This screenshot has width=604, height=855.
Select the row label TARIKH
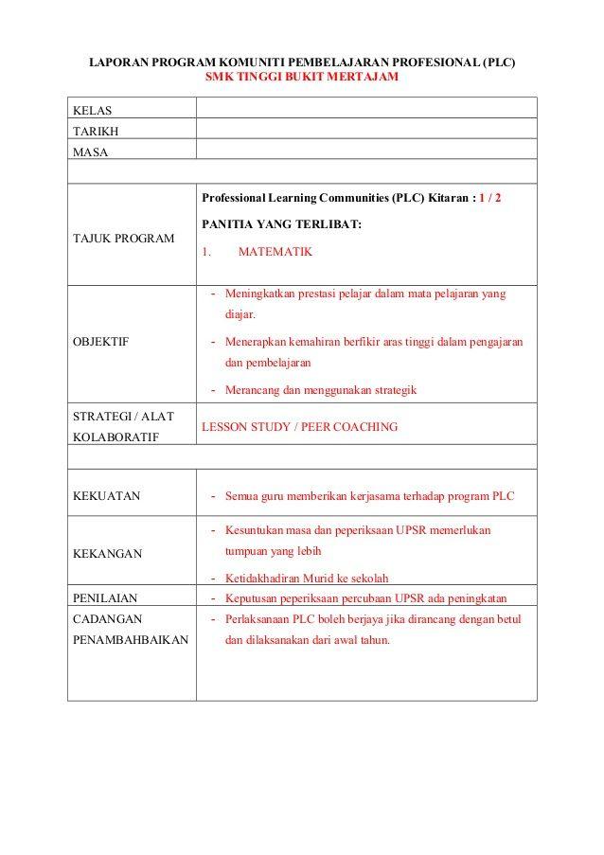(96, 132)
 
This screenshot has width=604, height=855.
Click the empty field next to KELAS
(365, 108)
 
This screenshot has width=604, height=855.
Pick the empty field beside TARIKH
(365, 129)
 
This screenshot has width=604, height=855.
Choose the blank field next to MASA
(365, 149)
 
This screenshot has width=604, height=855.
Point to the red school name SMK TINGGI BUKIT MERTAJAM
(301, 77)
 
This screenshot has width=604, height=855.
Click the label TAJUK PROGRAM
(123, 238)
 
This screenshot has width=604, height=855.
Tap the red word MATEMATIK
(275, 252)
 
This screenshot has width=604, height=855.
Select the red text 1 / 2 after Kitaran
(489, 198)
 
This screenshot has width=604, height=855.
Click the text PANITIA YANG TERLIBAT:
(281, 224)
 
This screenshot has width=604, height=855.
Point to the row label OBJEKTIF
(100, 342)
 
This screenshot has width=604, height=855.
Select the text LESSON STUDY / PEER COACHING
(299, 427)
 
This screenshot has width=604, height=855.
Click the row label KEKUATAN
(106, 495)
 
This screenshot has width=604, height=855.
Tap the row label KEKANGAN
(107, 553)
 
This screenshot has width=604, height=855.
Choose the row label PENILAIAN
(105, 597)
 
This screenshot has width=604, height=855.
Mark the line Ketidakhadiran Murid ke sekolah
(307, 579)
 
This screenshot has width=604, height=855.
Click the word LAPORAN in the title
(118, 62)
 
